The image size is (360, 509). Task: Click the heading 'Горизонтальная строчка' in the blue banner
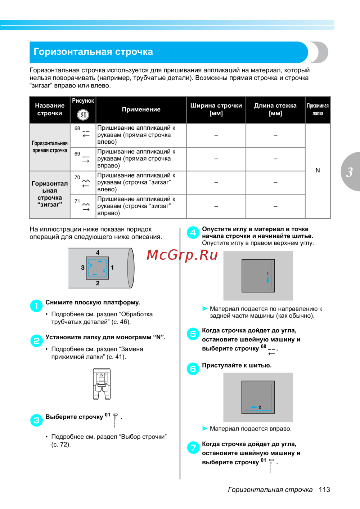(x=93, y=52)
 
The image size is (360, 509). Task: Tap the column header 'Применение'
(x=141, y=110)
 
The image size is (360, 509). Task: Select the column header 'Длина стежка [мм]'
(x=275, y=110)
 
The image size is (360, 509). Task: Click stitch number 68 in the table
(x=77, y=129)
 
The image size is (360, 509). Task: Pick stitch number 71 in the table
(x=77, y=201)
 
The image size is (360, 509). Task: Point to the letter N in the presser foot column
(x=318, y=170)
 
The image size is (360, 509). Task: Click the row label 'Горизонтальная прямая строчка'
(x=50, y=147)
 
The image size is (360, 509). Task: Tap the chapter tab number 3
(x=350, y=172)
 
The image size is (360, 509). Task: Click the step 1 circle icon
(x=36, y=306)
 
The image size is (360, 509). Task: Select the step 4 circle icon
(x=193, y=233)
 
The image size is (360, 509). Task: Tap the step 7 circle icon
(x=193, y=448)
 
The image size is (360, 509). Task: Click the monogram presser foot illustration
(x=102, y=384)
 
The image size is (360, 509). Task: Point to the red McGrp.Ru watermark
(x=182, y=255)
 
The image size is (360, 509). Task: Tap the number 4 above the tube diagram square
(x=98, y=253)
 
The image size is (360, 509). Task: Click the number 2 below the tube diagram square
(x=98, y=283)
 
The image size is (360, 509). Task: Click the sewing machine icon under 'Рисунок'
(x=83, y=115)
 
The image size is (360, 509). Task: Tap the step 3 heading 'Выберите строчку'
(x=74, y=417)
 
